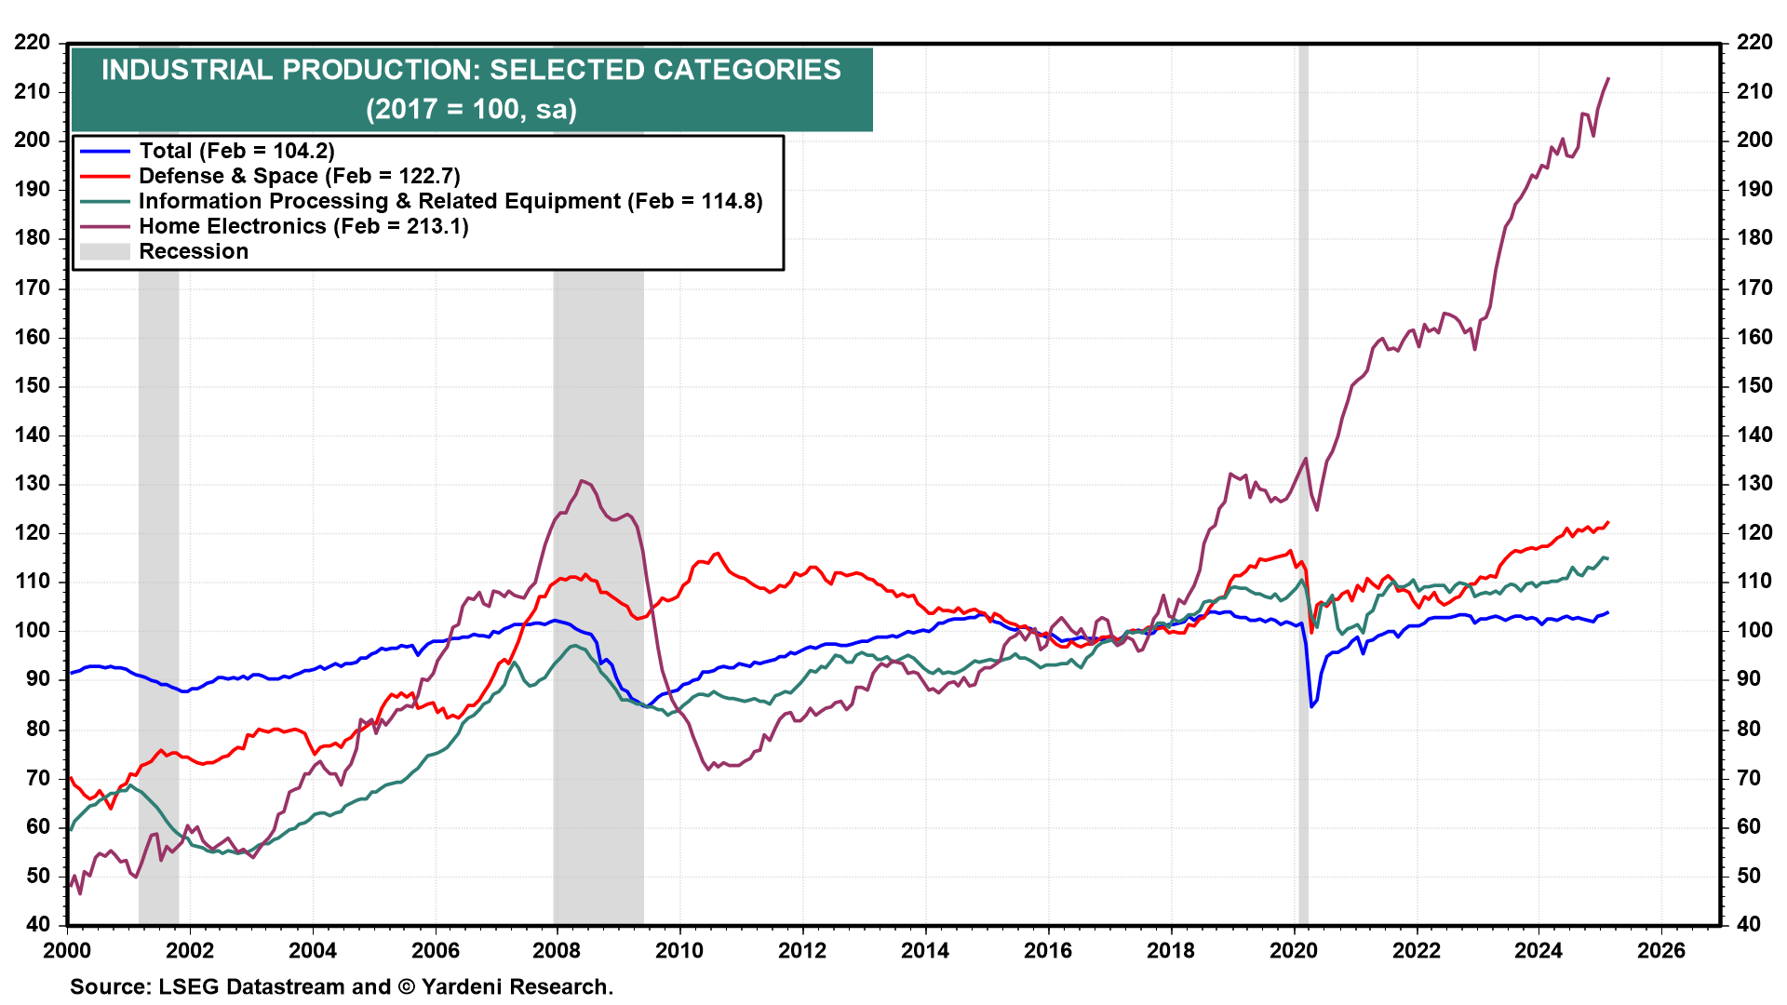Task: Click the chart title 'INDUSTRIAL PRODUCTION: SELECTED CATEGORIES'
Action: [471, 70]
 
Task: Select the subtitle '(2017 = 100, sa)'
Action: [471, 110]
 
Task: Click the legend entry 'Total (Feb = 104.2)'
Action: [236, 151]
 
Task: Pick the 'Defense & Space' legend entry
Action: [299, 176]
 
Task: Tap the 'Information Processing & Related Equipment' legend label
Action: [450, 201]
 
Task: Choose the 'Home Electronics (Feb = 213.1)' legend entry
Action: [303, 226]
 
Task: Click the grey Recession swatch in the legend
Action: [104, 251]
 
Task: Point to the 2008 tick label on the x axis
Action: [557, 950]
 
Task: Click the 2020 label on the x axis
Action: [1294, 950]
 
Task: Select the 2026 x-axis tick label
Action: [1661, 950]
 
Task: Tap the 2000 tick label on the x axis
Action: [67, 950]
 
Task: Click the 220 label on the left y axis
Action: [33, 43]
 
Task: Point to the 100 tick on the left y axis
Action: [33, 631]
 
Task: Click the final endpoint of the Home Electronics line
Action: [1608, 78]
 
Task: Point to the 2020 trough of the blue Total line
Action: [1311, 707]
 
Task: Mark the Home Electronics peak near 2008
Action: [582, 481]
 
